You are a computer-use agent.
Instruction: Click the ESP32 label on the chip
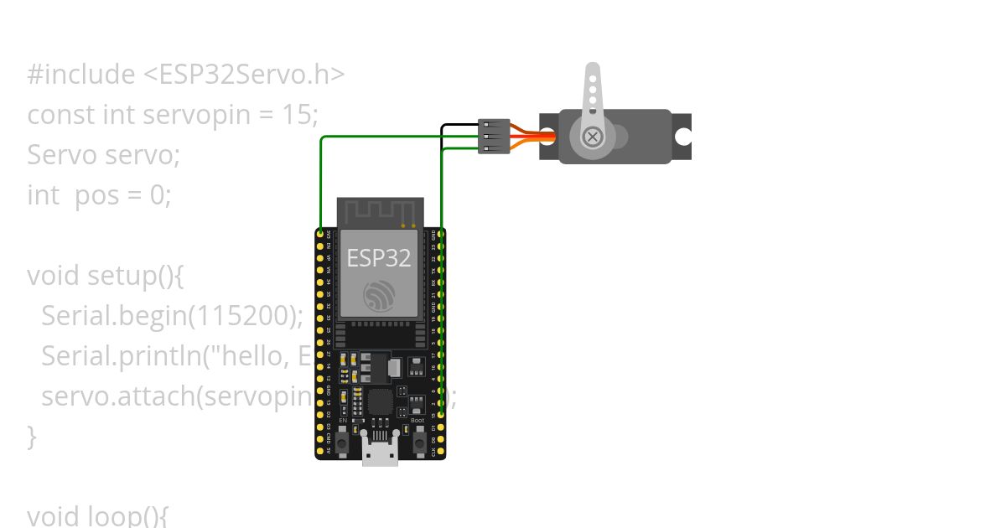[379, 257]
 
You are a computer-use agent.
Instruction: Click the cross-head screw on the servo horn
[593, 136]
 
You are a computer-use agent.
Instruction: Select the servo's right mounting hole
[684, 136]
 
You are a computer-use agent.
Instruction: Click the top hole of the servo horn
[593, 76]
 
